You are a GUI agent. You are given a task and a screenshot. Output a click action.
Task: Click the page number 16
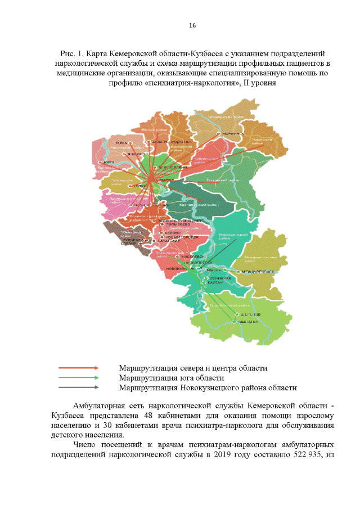[192, 25]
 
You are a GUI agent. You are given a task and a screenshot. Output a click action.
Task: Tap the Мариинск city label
[233, 134]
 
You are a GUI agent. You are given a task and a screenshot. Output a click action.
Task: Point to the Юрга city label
[102, 163]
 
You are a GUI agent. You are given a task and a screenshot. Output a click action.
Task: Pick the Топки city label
[138, 186]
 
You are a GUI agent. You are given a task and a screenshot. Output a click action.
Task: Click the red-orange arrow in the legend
[79, 368]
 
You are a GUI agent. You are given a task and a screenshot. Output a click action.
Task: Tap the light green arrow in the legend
[79, 378]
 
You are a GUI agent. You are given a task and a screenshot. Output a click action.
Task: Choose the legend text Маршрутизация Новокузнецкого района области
[207, 388]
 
